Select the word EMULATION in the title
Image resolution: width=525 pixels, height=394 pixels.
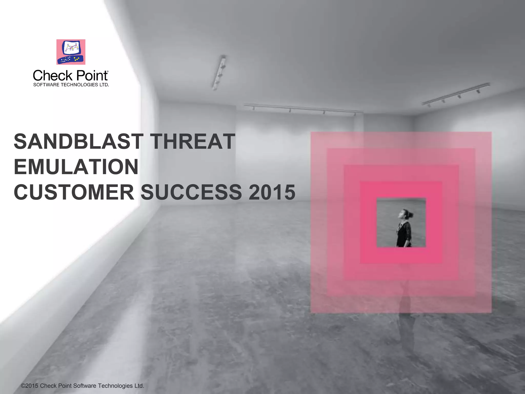pos(76,167)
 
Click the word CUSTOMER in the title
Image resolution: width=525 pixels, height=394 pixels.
pos(74,192)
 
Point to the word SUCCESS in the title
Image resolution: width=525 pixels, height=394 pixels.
pos(191,192)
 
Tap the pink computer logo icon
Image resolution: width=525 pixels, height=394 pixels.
pos(71,52)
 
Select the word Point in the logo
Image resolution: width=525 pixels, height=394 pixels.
pos(91,76)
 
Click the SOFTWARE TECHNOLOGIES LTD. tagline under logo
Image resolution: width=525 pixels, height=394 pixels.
pos(71,85)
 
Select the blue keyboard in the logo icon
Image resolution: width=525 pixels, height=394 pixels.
pos(70,60)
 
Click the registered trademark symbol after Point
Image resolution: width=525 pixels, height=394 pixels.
pos(107,72)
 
